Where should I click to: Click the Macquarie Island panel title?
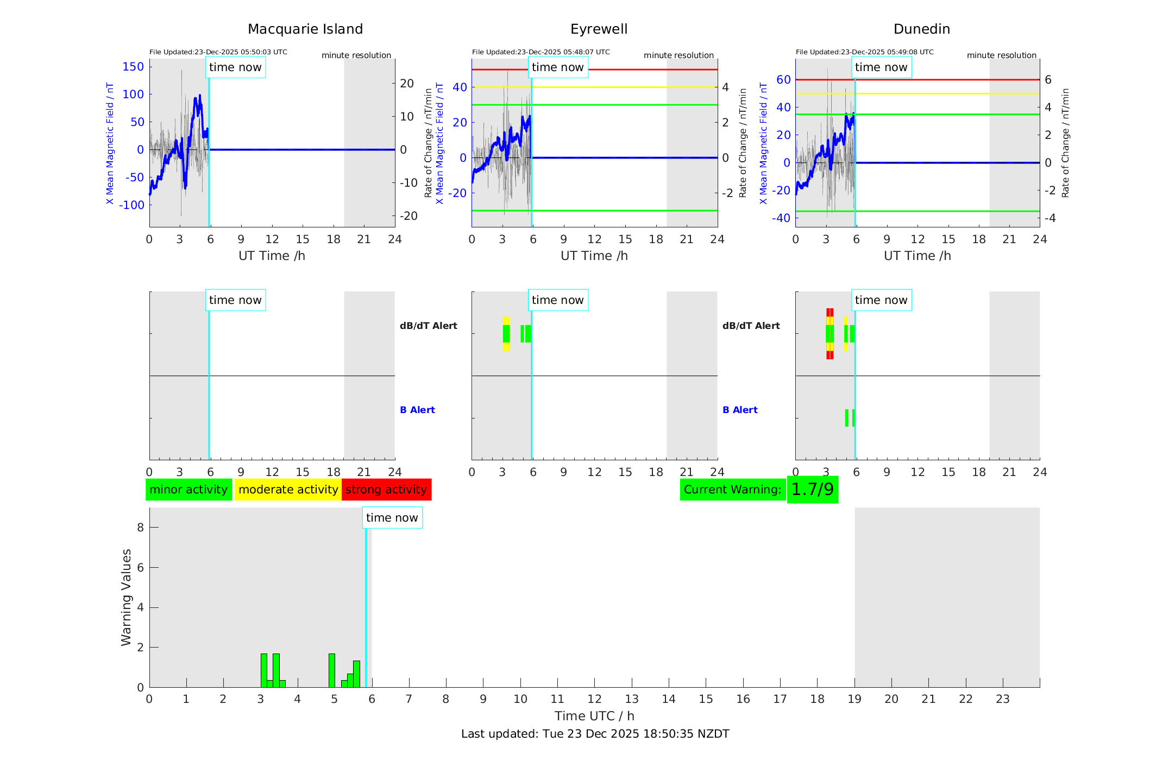point(305,29)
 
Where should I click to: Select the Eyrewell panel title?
point(599,29)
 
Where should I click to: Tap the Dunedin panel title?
point(921,29)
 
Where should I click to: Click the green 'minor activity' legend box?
point(188,490)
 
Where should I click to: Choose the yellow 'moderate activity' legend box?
point(288,490)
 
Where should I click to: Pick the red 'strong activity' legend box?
point(386,490)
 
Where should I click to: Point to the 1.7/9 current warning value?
point(812,490)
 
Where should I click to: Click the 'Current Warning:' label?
point(732,490)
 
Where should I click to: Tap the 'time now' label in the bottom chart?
point(392,518)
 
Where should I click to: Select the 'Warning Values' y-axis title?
point(126,597)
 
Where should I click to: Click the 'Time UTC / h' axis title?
point(594,716)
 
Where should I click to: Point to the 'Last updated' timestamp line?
point(595,734)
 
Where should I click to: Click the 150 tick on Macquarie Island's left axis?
point(133,67)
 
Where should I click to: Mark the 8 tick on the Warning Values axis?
point(141,527)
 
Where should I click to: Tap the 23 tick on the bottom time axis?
point(1002,699)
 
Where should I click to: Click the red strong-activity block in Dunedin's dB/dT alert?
point(829,312)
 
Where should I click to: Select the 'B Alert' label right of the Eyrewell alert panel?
point(740,410)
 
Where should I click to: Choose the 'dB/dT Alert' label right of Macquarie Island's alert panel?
point(428,326)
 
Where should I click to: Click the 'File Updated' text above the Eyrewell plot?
point(541,52)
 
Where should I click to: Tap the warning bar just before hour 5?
point(331,670)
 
